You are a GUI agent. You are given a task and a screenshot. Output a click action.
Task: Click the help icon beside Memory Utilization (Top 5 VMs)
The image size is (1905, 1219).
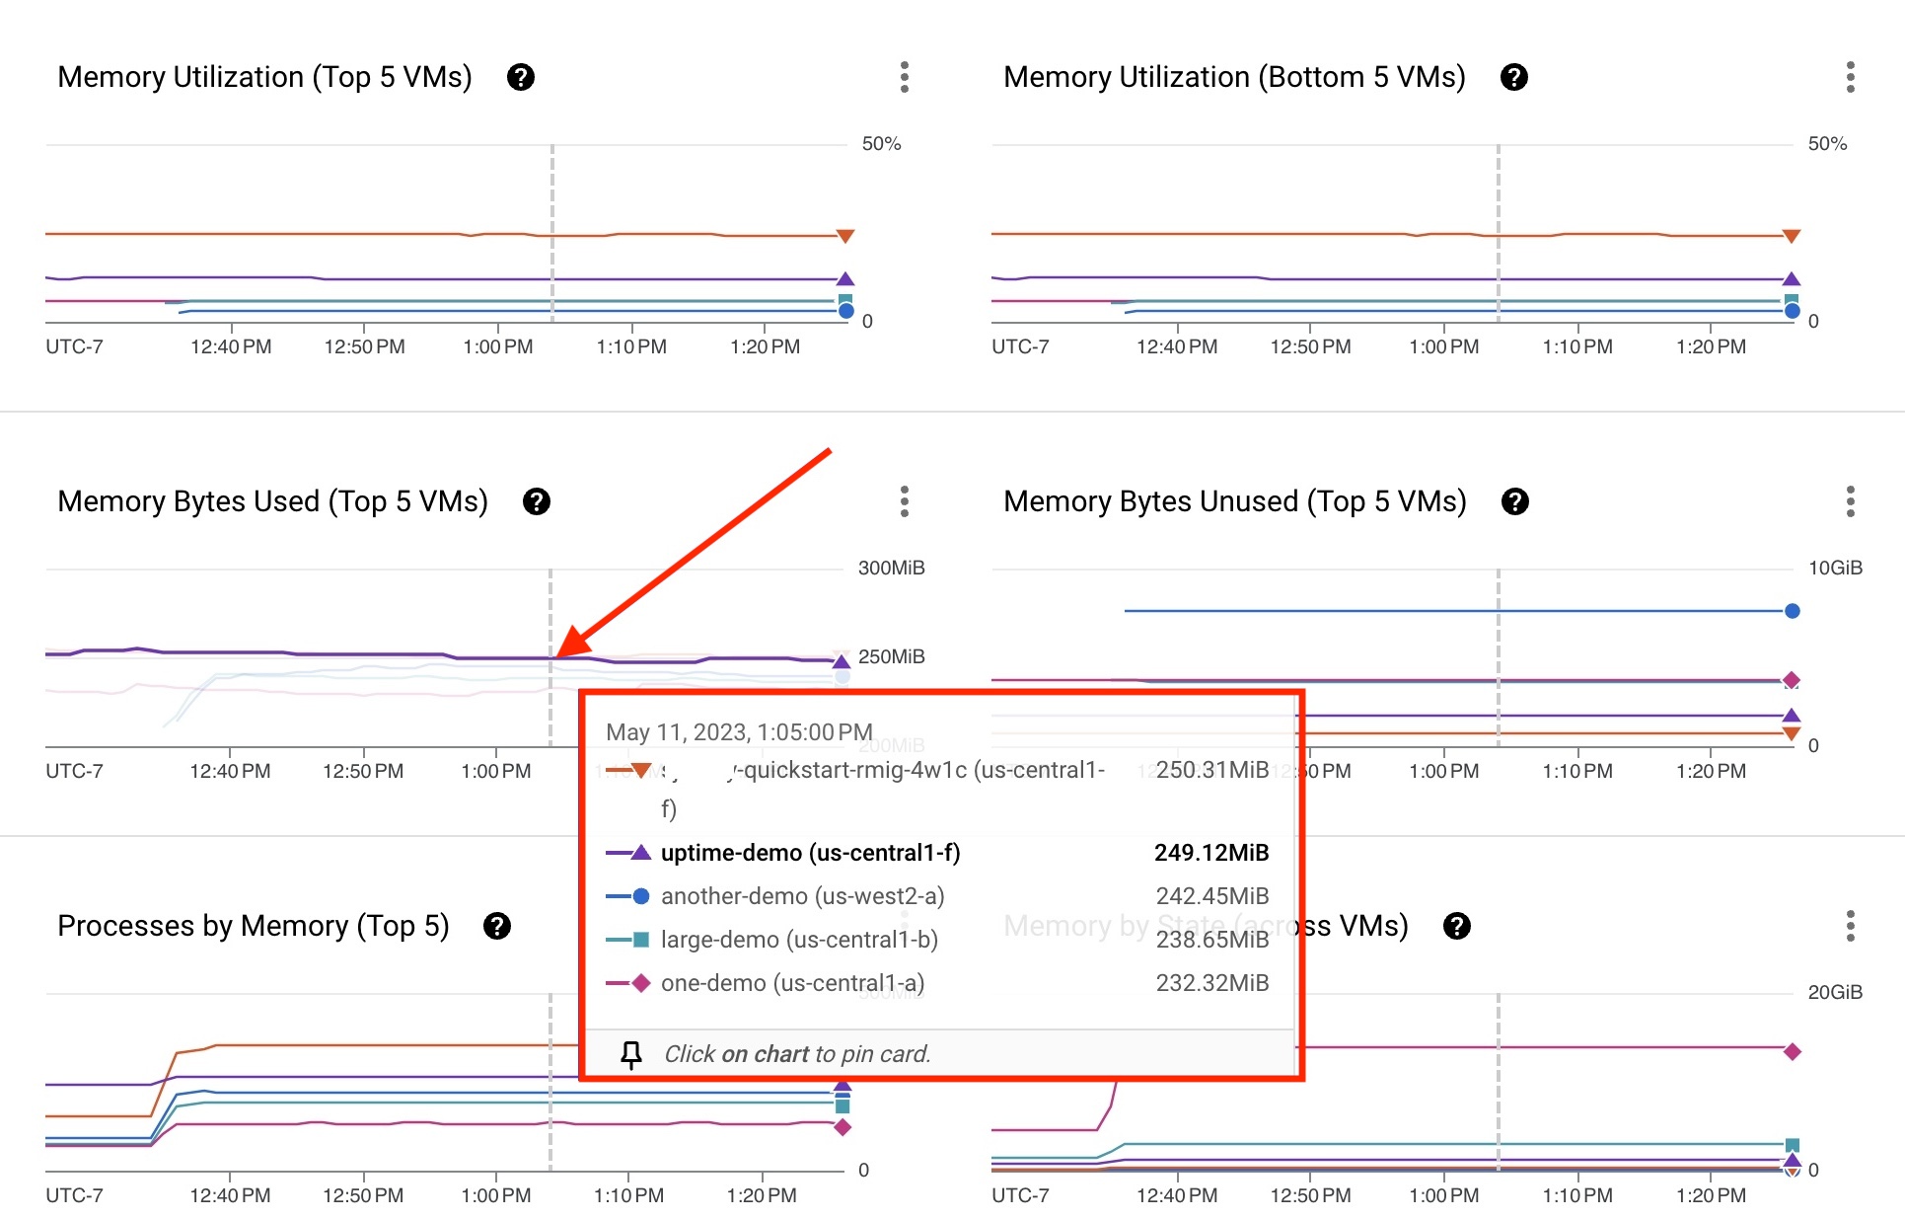point(521,77)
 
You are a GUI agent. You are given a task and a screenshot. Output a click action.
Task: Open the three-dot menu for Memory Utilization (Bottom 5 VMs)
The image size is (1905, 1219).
point(1850,77)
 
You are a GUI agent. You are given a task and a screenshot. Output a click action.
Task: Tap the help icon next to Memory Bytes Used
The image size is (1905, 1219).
point(537,501)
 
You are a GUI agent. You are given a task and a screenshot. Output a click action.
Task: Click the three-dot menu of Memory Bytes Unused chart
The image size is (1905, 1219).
point(1850,501)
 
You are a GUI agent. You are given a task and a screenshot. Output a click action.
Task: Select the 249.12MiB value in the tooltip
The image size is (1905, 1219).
point(1211,853)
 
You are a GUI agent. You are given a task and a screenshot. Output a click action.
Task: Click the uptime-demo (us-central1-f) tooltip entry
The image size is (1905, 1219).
point(810,853)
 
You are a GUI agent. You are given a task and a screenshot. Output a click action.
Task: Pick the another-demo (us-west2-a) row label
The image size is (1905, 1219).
point(802,896)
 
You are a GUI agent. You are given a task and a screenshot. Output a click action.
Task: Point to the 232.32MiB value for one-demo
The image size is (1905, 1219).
point(1212,983)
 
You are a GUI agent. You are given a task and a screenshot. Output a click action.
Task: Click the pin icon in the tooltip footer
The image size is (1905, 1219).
point(631,1054)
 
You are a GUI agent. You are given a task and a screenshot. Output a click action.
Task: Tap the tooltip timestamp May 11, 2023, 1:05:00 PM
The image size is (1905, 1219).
point(739,732)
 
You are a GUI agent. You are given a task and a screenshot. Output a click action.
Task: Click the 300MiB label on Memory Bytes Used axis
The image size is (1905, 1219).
point(891,568)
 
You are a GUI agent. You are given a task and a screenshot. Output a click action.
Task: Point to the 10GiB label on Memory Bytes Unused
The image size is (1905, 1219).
point(1835,568)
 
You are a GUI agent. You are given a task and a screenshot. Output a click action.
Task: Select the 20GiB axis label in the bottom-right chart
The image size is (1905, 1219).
point(1835,992)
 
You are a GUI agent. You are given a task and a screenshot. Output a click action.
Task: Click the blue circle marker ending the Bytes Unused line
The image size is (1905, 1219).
point(1793,611)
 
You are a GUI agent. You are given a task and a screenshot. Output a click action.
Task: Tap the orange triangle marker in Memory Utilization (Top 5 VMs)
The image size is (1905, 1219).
point(844,236)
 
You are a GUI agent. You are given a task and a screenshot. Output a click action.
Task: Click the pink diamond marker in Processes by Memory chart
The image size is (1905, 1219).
point(843,1127)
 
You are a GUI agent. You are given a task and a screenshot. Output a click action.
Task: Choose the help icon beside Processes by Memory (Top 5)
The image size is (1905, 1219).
point(497,926)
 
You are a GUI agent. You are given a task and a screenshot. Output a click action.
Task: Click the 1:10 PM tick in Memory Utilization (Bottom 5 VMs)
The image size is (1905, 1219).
point(1577,346)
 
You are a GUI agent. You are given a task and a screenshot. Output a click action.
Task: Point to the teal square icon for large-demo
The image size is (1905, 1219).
point(640,940)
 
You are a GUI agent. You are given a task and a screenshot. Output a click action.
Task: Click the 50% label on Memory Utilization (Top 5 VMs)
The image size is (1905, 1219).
point(881,144)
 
